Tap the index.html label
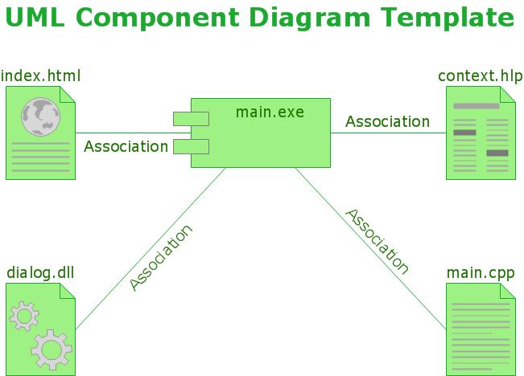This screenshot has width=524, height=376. (41, 76)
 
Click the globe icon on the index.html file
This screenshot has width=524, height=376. (40, 116)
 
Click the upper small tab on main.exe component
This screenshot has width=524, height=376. (192, 119)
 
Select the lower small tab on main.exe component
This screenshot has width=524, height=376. (192, 146)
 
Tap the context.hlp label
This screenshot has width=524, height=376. (480, 76)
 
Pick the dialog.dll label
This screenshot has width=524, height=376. (40, 272)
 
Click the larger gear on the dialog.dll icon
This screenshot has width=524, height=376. (52, 348)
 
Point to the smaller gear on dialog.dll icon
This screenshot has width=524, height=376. (23, 315)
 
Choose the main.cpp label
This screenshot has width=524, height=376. (481, 272)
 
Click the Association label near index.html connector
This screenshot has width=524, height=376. (126, 146)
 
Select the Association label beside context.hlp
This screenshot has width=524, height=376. (387, 121)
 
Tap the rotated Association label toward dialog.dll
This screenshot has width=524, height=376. (161, 257)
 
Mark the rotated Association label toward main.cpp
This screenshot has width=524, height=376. (378, 241)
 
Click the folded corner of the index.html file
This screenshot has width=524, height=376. (68, 94)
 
